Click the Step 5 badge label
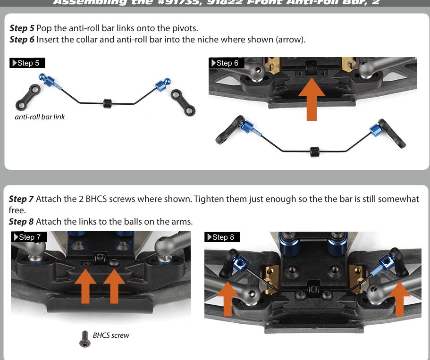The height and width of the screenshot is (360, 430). click(27, 63)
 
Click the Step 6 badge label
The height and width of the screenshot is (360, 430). click(227, 63)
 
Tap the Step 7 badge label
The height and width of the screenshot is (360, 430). click(29, 237)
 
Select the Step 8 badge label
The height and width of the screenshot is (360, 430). click(222, 237)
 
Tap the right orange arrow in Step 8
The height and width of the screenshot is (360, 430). click(399, 297)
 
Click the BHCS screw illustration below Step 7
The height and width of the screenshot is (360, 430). click(84, 338)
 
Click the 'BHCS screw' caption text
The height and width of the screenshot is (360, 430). click(111, 335)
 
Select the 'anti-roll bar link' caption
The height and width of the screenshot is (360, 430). click(40, 117)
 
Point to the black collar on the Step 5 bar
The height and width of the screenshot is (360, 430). click(108, 103)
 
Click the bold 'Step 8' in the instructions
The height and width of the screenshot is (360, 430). click(21, 221)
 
